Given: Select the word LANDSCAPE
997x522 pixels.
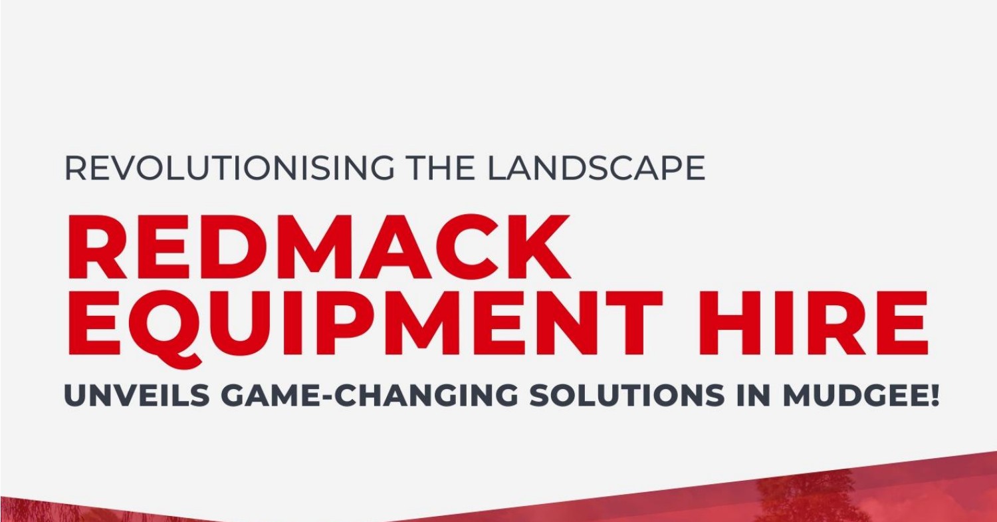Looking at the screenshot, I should coord(596,168).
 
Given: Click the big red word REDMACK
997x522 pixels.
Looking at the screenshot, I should coord(318,247).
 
